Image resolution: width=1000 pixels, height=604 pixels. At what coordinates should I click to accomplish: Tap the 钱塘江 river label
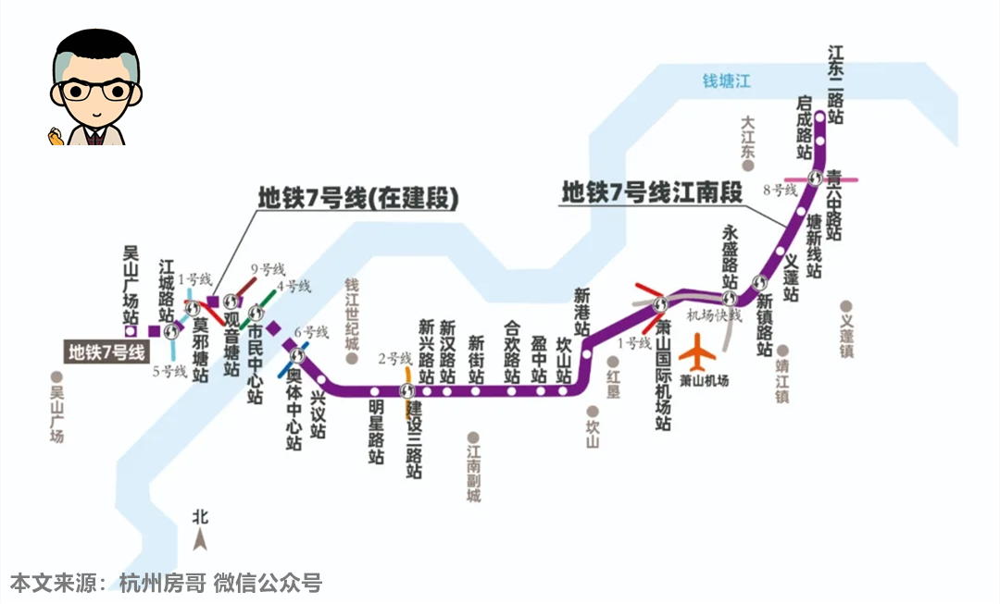coord(726,81)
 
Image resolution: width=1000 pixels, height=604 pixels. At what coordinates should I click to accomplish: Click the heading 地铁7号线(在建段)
coord(358,198)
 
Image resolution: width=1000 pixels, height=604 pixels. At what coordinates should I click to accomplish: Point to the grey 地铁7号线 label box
coord(106,351)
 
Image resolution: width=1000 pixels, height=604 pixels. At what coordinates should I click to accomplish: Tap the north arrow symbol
coord(200,536)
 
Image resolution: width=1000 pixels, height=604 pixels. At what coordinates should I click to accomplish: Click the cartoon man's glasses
coord(94,91)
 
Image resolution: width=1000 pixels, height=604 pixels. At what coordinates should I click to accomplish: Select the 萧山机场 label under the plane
coord(704,380)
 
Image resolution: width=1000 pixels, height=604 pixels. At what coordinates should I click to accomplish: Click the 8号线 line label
coord(780,190)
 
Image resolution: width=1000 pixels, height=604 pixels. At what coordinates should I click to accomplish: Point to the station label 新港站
coord(581,313)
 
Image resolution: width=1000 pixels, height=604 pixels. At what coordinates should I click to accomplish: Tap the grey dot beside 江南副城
coord(473,438)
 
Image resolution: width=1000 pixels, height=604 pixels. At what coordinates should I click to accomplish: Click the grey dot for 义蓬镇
coord(845,306)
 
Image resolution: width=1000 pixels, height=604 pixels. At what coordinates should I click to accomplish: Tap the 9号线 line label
coord(267,269)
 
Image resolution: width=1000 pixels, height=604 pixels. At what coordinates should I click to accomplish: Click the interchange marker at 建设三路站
coord(407,390)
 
